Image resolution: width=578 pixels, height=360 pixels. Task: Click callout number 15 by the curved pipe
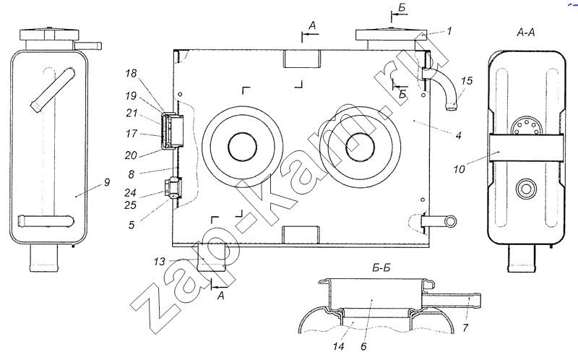click(466, 81)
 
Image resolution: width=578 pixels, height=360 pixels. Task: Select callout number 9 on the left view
click(107, 182)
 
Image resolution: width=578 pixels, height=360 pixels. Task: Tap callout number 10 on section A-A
click(459, 169)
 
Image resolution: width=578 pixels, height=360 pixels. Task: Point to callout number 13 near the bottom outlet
click(159, 262)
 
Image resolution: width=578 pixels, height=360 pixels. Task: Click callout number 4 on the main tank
click(458, 136)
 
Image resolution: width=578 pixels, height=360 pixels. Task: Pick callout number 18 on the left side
click(131, 74)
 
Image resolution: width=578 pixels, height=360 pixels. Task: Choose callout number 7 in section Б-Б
click(465, 327)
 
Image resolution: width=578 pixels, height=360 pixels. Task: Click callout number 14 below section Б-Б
click(338, 346)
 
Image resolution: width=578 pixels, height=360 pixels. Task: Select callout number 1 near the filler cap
click(449, 30)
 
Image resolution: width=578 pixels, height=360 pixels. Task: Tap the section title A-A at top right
click(526, 33)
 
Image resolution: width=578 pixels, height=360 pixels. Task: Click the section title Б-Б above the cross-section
click(381, 267)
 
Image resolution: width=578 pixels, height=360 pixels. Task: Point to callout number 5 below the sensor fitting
click(131, 225)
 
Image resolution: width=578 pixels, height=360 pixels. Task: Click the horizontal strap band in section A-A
click(526, 148)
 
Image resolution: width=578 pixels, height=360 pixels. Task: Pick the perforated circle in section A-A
click(526, 127)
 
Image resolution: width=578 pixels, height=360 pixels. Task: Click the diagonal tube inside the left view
click(53, 90)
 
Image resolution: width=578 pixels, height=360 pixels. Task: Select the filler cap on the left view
click(49, 34)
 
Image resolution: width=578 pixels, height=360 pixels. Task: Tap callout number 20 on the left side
click(131, 155)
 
